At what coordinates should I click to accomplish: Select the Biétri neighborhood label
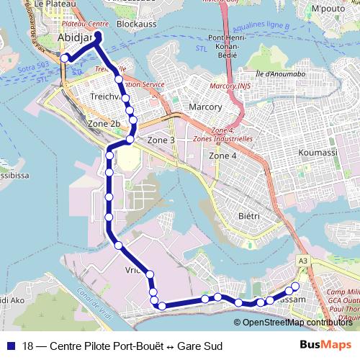pyautogui.click(x=248, y=215)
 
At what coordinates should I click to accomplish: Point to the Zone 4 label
pyautogui.click(x=222, y=156)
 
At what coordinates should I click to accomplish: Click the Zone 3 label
pyautogui.click(x=161, y=140)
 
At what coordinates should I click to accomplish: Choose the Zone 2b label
pyautogui.click(x=104, y=124)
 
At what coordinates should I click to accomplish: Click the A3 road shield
pyautogui.click(x=302, y=261)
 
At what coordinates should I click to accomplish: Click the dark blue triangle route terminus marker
pyautogui.click(x=98, y=35)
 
